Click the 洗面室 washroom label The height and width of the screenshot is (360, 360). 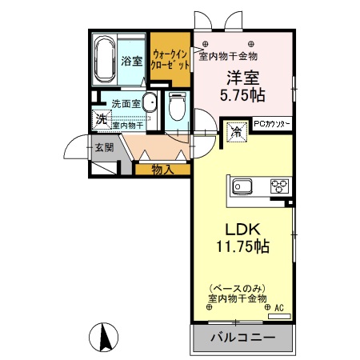coord(126,103)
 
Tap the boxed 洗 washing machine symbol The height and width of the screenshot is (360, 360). coord(101,119)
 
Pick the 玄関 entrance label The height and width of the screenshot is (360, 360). coord(103,147)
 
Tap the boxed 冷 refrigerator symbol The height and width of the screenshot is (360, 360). coord(237,130)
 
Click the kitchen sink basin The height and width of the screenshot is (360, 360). coord(242,188)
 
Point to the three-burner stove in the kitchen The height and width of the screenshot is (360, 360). coord(279,188)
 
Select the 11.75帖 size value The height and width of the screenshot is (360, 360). coord(240,247)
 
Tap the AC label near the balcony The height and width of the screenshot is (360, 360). coord(279,307)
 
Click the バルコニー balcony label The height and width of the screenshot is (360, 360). coord(242,338)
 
